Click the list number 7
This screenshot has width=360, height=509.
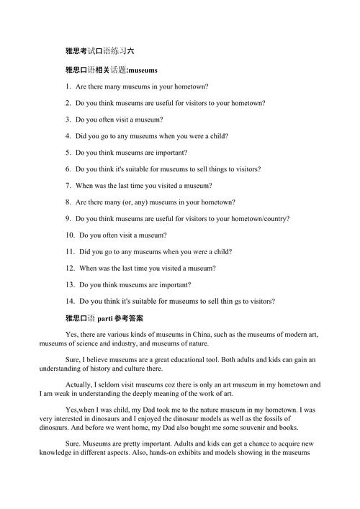pyautogui.click(x=68, y=185)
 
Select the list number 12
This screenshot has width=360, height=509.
pyautogui.click(x=70, y=268)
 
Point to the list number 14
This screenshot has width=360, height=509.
pyautogui.click(x=70, y=301)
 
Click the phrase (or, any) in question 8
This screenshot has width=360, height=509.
pyautogui.click(x=136, y=202)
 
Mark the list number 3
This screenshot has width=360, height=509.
pyautogui.click(x=68, y=120)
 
